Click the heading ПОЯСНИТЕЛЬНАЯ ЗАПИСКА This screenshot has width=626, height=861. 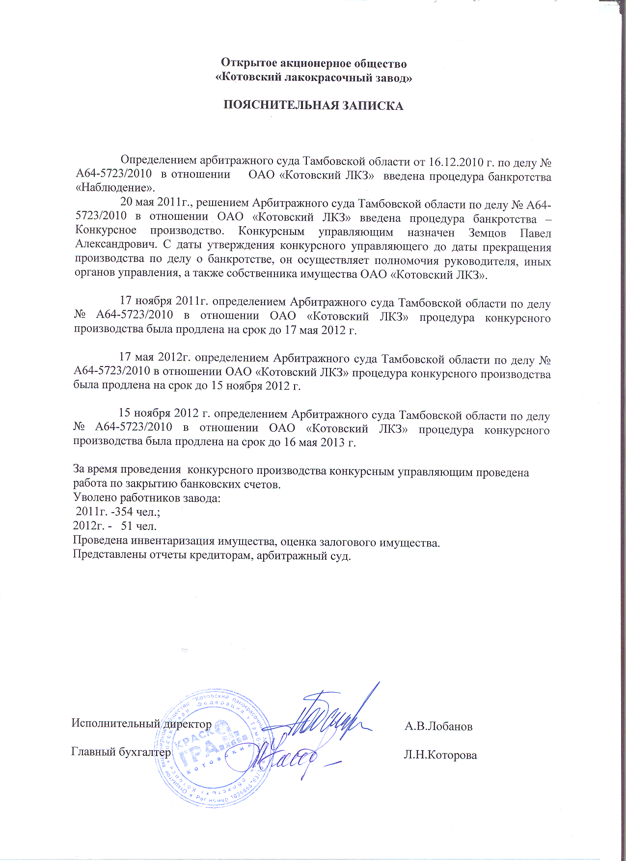click(313, 106)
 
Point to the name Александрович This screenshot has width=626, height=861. click(115, 247)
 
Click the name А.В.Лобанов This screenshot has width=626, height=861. click(438, 726)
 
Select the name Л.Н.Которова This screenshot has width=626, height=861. click(440, 756)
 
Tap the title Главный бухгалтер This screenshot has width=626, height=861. click(121, 752)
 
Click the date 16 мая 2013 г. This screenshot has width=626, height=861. click(320, 443)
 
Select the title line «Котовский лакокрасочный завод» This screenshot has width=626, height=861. click(314, 78)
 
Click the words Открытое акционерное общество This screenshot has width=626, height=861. click(314, 63)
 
